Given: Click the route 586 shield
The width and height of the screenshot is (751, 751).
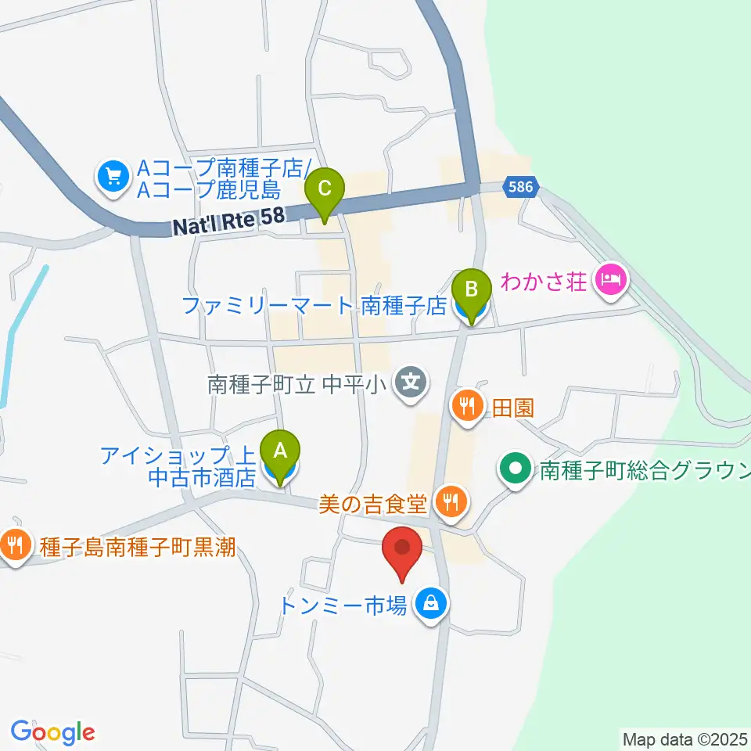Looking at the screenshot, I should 520,188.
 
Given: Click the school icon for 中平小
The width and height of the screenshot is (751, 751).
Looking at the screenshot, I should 411,383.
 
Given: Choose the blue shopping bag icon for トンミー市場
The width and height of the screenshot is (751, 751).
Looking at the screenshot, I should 429,603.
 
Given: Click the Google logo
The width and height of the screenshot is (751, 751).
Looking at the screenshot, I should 53,732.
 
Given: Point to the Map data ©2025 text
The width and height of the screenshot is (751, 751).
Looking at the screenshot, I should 685,738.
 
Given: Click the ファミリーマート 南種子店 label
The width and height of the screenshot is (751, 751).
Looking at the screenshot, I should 314,304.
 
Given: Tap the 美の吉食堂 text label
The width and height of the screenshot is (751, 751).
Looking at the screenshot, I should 374,501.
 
